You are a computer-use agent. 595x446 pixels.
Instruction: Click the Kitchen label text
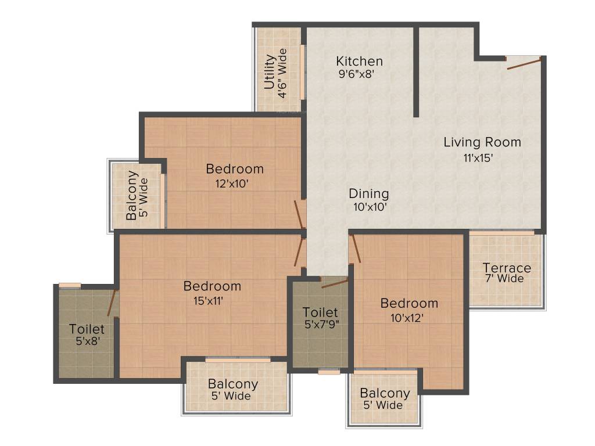(360, 61)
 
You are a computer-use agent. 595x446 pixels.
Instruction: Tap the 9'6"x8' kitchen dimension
(360, 74)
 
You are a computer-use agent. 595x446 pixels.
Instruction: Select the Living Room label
(482, 142)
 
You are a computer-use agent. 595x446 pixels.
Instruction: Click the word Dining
(369, 193)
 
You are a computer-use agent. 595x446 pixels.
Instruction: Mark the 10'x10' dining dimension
(370, 207)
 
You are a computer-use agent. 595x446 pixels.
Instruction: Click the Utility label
(269, 72)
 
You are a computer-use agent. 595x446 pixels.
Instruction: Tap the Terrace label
(507, 268)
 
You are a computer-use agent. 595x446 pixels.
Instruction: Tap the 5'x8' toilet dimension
(88, 342)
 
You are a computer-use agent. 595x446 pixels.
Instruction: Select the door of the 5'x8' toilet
(113, 301)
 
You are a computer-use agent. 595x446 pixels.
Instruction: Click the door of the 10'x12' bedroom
(354, 249)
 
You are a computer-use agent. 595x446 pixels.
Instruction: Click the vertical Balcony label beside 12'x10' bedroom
(132, 195)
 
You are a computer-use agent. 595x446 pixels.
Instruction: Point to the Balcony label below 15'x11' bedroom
(233, 384)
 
